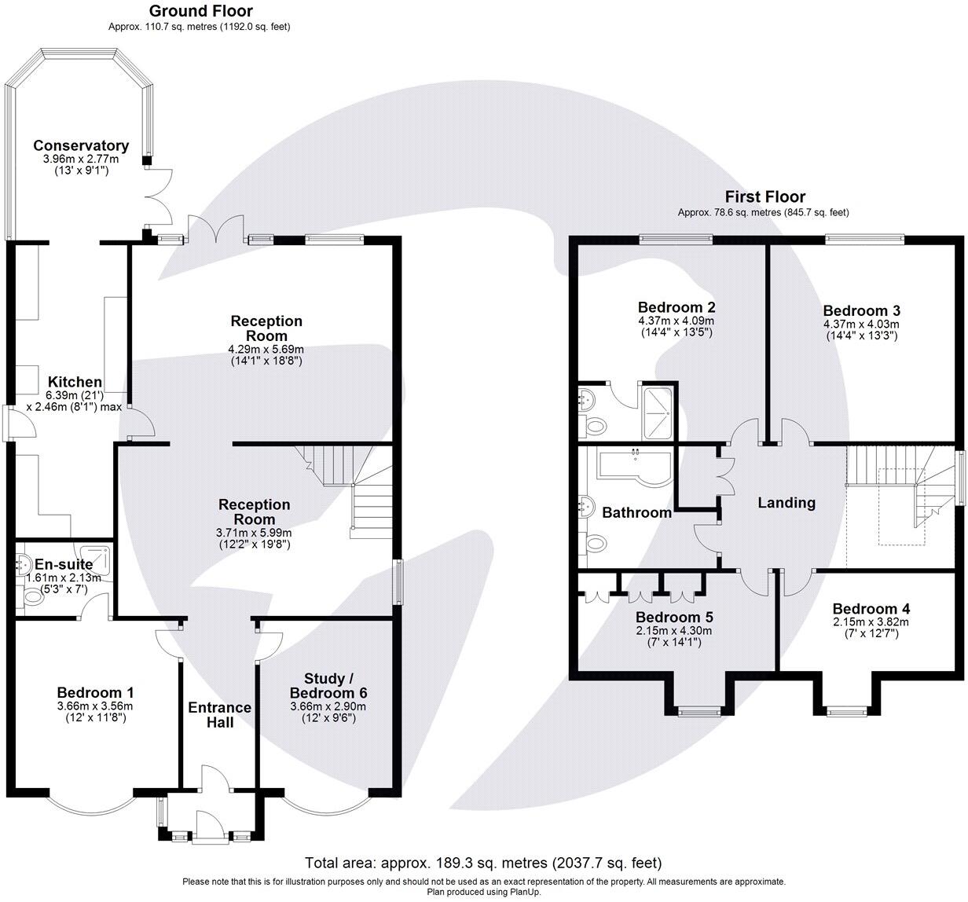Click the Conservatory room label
click(x=81, y=145)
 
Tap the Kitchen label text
click(x=75, y=381)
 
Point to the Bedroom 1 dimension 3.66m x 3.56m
click(x=95, y=706)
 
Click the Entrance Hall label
click(x=220, y=715)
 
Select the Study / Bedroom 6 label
click(x=328, y=685)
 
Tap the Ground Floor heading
click(x=201, y=11)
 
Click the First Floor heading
click(x=765, y=196)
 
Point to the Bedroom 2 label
click(x=676, y=307)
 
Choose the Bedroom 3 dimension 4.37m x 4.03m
click(x=862, y=324)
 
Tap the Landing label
click(x=786, y=503)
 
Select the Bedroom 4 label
click(x=871, y=608)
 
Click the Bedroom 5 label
click(x=675, y=617)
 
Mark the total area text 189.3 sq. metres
click(x=463, y=863)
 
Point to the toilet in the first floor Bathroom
click(x=595, y=543)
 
